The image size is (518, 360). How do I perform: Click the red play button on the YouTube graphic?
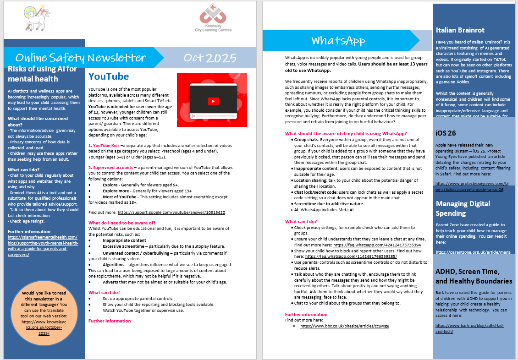pyautogui.click(x=212, y=101)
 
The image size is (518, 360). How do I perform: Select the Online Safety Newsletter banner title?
pyautogui.click(x=81, y=58)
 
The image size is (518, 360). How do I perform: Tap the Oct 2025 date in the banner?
pyautogui.click(x=210, y=58)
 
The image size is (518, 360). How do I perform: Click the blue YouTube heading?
pyautogui.click(x=109, y=76)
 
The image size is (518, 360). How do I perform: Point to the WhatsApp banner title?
pyautogui.click(x=338, y=40)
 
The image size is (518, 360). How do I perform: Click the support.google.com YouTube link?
pyautogui.click(x=171, y=213)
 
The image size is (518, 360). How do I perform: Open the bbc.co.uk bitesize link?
pyautogui.click(x=345, y=326)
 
